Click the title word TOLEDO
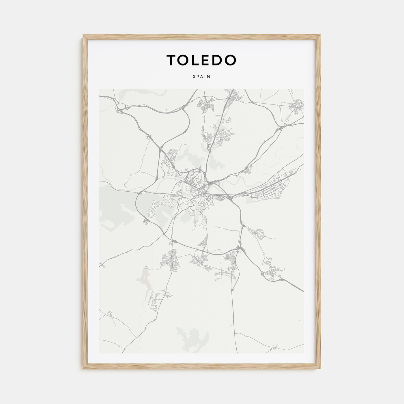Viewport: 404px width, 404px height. [x=201, y=60]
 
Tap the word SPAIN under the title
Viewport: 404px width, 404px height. [x=202, y=77]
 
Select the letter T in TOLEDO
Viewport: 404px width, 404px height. [x=171, y=60]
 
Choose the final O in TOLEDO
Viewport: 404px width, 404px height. [x=231, y=60]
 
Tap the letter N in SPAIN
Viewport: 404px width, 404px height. [x=209, y=77]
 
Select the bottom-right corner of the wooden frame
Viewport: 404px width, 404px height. [x=320, y=369]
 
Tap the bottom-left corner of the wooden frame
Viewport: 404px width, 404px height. [x=84, y=369]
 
